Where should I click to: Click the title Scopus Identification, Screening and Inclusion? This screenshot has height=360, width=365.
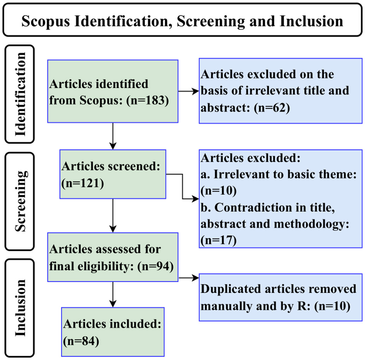tap(182, 21)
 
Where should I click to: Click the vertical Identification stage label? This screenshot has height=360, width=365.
tap(20, 94)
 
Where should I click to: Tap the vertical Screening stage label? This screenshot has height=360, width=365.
tap(20, 201)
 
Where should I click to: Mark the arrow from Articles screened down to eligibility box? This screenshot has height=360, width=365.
tap(112, 216)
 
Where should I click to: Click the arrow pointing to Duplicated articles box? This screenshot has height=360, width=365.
tap(188, 277)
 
